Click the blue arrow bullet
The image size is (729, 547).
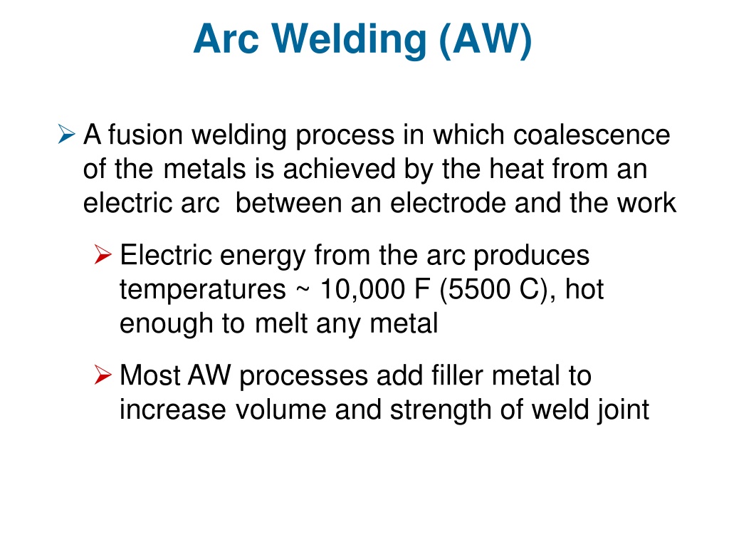[66, 134]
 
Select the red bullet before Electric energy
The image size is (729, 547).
[103, 254]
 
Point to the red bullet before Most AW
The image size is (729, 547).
[103, 375]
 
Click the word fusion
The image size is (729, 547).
[145, 135]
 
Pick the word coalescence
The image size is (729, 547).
[592, 135]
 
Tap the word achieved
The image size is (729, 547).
[338, 168]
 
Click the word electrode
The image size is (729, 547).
[447, 203]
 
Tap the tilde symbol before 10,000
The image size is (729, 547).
[302, 291]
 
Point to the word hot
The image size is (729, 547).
[584, 289]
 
